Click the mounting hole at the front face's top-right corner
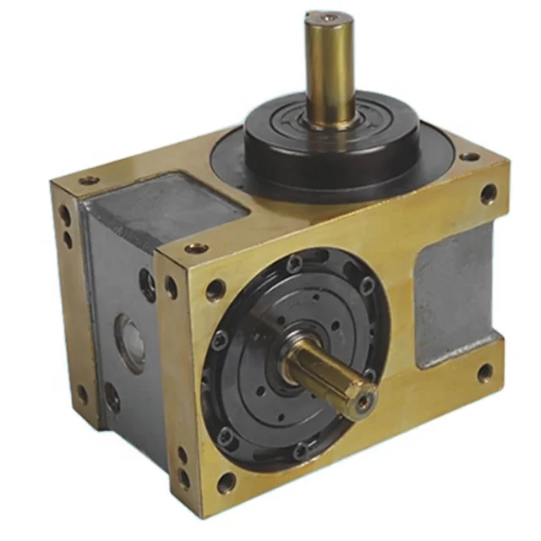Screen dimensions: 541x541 click(489, 194)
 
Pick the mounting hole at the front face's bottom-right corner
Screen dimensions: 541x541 click(485, 371)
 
